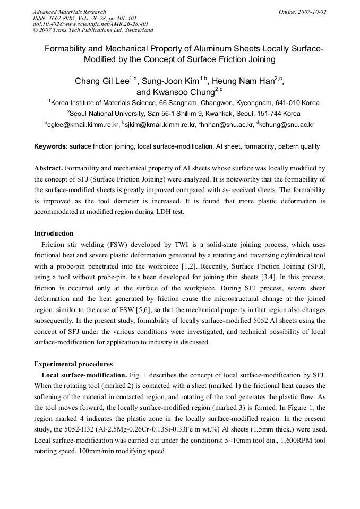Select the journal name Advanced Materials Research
point(69,12)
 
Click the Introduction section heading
point(54,233)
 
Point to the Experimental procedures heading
point(73,364)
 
